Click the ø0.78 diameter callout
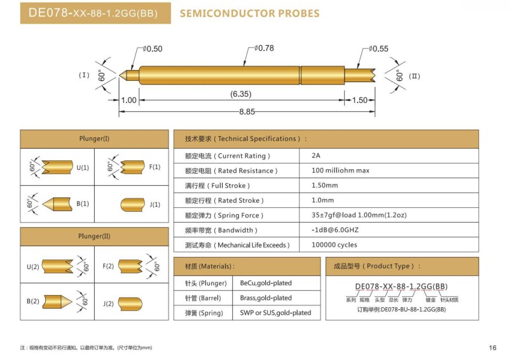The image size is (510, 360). tap(264, 48)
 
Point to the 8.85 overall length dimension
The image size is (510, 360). tap(247, 112)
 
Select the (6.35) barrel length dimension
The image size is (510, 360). tap(240, 94)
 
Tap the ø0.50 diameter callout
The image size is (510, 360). tap(153, 49)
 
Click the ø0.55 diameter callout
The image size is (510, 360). tap(378, 49)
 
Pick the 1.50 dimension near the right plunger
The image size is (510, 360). tap(360, 100)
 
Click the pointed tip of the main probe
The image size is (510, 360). tap(120, 76)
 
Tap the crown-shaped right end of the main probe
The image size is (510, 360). tap(374, 76)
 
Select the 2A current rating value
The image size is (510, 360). tap(316, 155)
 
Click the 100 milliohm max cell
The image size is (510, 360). tap(341, 170)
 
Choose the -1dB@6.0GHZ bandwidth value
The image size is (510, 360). tap(335, 230)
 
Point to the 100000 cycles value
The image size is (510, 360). tap(334, 244)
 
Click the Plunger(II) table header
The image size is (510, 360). tap(94, 236)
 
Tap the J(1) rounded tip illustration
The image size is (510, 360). tap(133, 205)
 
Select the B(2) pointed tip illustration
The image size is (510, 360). tap(57, 301)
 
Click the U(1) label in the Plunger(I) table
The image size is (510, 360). tap(83, 168)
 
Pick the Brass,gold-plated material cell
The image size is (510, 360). tap(266, 298)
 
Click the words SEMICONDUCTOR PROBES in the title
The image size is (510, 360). tap(250, 13)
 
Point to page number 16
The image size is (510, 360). tap(492, 348)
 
